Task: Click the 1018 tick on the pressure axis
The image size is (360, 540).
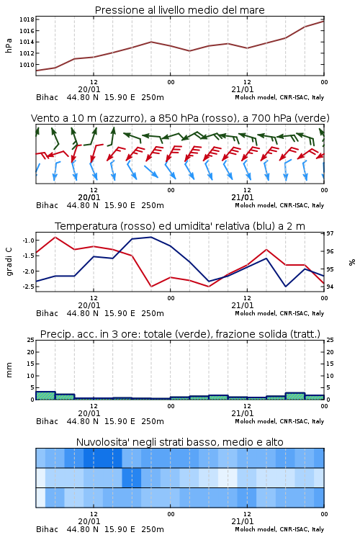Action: click(x=27, y=19)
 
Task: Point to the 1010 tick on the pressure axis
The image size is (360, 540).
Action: click(x=27, y=65)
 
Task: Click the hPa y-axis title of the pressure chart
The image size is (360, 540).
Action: click(x=9, y=45)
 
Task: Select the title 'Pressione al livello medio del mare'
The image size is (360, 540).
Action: click(x=180, y=10)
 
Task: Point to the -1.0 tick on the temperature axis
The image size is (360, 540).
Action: click(x=28, y=240)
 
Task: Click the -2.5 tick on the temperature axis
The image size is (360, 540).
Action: click(x=28, y=287)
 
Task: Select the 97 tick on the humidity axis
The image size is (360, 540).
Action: click(x=330, y=233)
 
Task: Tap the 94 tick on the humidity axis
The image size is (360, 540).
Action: click(x=330, y=287)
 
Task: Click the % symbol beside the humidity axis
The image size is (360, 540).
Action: click(x=352, y=262)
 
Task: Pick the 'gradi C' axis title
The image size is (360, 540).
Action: click(x=9, y=262)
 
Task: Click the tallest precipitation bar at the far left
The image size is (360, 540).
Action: click(x=45, y=396)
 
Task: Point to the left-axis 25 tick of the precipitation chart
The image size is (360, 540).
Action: click(x=31, y=341)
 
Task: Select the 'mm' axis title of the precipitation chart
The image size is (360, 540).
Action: click(x=9, y=370)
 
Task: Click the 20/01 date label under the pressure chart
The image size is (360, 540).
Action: click(x=89, y=89)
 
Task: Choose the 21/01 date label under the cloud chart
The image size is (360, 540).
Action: click(x=243, y=521)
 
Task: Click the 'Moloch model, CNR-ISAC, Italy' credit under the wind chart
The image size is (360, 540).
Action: click(x=279, y=205)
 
